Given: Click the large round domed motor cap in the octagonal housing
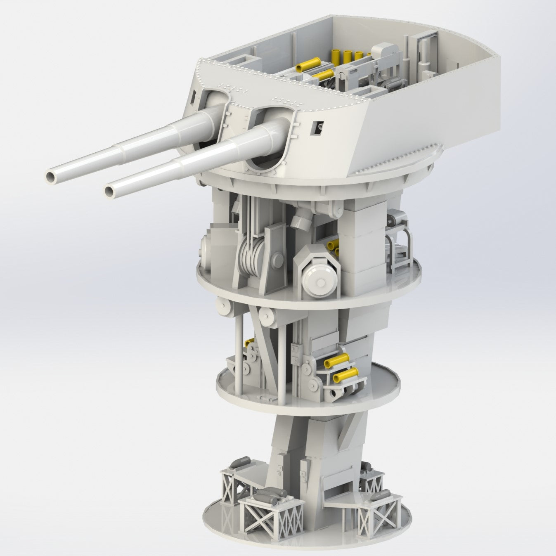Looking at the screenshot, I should [319, 281].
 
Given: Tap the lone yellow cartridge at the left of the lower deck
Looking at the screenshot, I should [249, 342].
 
